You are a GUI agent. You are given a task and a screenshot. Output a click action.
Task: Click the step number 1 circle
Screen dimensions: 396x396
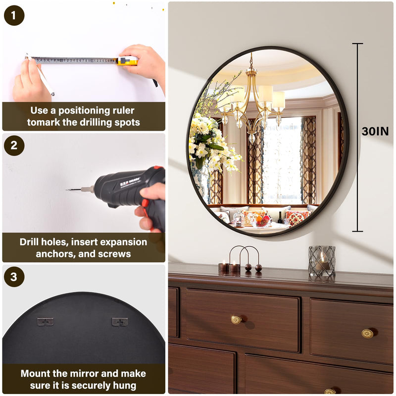[x=14, y=15]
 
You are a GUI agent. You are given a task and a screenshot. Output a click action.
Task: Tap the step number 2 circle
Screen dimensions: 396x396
[x=14, y=146]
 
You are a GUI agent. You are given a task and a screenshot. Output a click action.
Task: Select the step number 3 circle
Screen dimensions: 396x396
[x=14, y=277]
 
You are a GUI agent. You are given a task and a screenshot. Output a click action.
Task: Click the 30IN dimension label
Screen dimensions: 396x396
[x=375, y=131]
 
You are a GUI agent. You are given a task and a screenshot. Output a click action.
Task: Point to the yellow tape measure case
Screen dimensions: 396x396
[x=128, y=61]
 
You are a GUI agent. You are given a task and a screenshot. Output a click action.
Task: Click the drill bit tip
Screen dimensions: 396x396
[x=66, y=190]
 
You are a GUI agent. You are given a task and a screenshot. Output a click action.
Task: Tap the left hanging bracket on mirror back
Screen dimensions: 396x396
[x=46, y=321]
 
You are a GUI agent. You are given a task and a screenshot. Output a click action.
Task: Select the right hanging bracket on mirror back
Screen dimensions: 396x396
[x=120, y=321]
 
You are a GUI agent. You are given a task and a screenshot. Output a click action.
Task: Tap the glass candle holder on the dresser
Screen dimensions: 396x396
[x=322, y=261]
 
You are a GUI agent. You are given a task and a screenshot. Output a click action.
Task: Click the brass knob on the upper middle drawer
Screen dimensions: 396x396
[x=237, y=320]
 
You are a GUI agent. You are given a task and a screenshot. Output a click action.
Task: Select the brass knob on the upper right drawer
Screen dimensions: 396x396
[x=367, y=334]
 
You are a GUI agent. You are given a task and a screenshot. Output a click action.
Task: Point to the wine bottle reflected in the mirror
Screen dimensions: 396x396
[x=280, y=217]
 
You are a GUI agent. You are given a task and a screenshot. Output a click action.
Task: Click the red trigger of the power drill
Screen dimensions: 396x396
[x=145, y=203]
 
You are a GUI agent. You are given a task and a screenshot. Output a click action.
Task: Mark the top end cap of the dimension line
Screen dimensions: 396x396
[x=357, y=44]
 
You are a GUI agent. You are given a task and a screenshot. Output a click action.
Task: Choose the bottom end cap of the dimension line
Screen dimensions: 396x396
[x=357, y=231]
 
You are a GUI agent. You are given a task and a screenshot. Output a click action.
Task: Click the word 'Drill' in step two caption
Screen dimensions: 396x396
[x=29, y=242]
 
